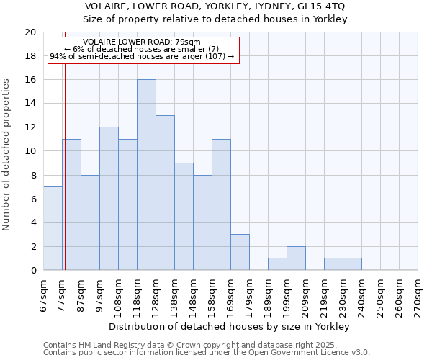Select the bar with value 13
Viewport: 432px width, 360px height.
click(x=165, y=193)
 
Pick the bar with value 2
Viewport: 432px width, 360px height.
click(x=296, y=258)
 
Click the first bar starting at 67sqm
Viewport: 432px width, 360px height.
click(x=53, y=228)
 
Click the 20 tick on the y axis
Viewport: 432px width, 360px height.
click(x=30, y=32)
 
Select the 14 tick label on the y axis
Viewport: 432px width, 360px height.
click(x=30, y=104)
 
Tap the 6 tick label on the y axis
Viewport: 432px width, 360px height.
click(x=33, y=199)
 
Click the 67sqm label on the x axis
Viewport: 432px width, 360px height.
click(x=44, y=294)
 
